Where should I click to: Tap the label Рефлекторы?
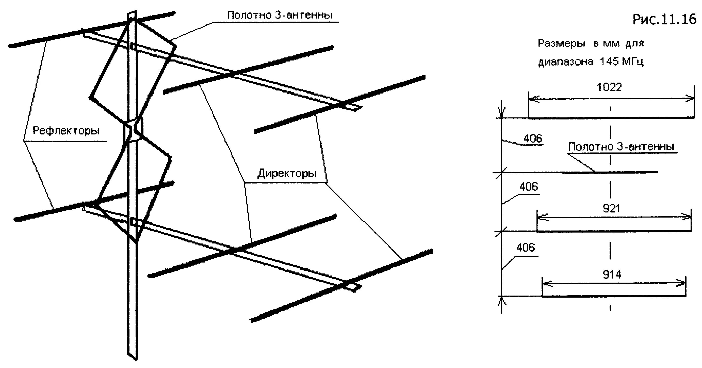tap(66, 131)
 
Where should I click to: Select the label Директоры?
tap(287, 173)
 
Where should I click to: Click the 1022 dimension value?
tap(609, 87)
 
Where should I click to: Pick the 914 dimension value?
tap(612, 274)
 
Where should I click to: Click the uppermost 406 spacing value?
tap(533, 139)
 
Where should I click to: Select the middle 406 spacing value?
tap(529, 187)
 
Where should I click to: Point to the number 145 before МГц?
tap(609, 62)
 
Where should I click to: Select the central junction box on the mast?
tap(133, 131)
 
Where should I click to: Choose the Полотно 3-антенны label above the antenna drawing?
tap(280, 15)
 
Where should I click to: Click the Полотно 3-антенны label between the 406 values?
tap(621, 147)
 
